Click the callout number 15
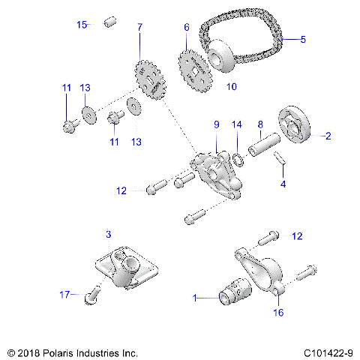tap(82, 25)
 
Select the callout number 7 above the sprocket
tap(139, 28)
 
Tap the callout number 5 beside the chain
tap(303, 39)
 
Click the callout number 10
tap(231, 87)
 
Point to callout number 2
tap(327, 136)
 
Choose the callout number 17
tap(64, 295)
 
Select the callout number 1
tap(196, 298)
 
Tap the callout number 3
tap(108, 235)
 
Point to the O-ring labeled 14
tap(236, 158)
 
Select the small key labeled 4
tap(278, 158)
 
